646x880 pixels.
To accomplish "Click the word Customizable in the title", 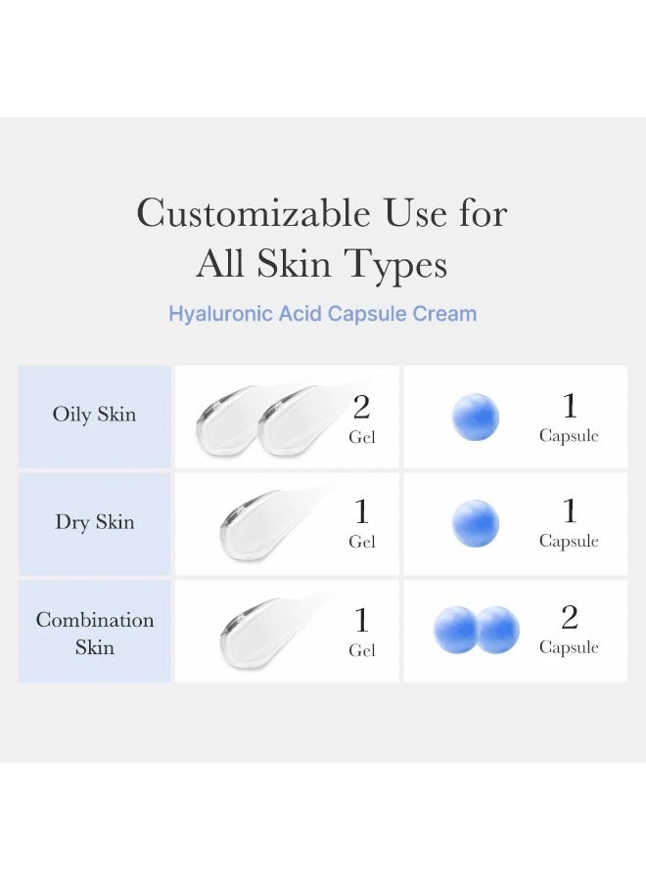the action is [254, 213].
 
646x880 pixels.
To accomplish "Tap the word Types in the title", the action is [395, 265].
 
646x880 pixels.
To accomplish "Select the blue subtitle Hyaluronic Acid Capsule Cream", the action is [322, 313].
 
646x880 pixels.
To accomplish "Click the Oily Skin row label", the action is [94, 415].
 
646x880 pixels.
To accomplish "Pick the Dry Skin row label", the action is [94, 522].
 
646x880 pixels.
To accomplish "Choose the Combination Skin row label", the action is [94, 633].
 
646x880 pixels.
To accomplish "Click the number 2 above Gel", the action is [361, 407].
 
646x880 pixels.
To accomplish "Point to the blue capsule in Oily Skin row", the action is [476, 417].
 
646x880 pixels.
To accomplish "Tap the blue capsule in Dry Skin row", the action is [476, 524].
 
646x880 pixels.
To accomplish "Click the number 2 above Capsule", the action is [569, 617].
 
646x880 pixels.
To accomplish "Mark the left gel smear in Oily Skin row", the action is [227, 419].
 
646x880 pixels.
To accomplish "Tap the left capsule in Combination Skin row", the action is [455, 630].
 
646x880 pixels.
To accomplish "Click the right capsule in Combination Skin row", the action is [497, 630].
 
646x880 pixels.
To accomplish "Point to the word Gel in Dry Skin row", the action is [362, 542].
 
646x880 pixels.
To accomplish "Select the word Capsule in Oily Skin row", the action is [569, 435].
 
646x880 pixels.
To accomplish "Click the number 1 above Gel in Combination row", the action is [361, 620].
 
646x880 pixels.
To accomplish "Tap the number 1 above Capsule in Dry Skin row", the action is [570, 510].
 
